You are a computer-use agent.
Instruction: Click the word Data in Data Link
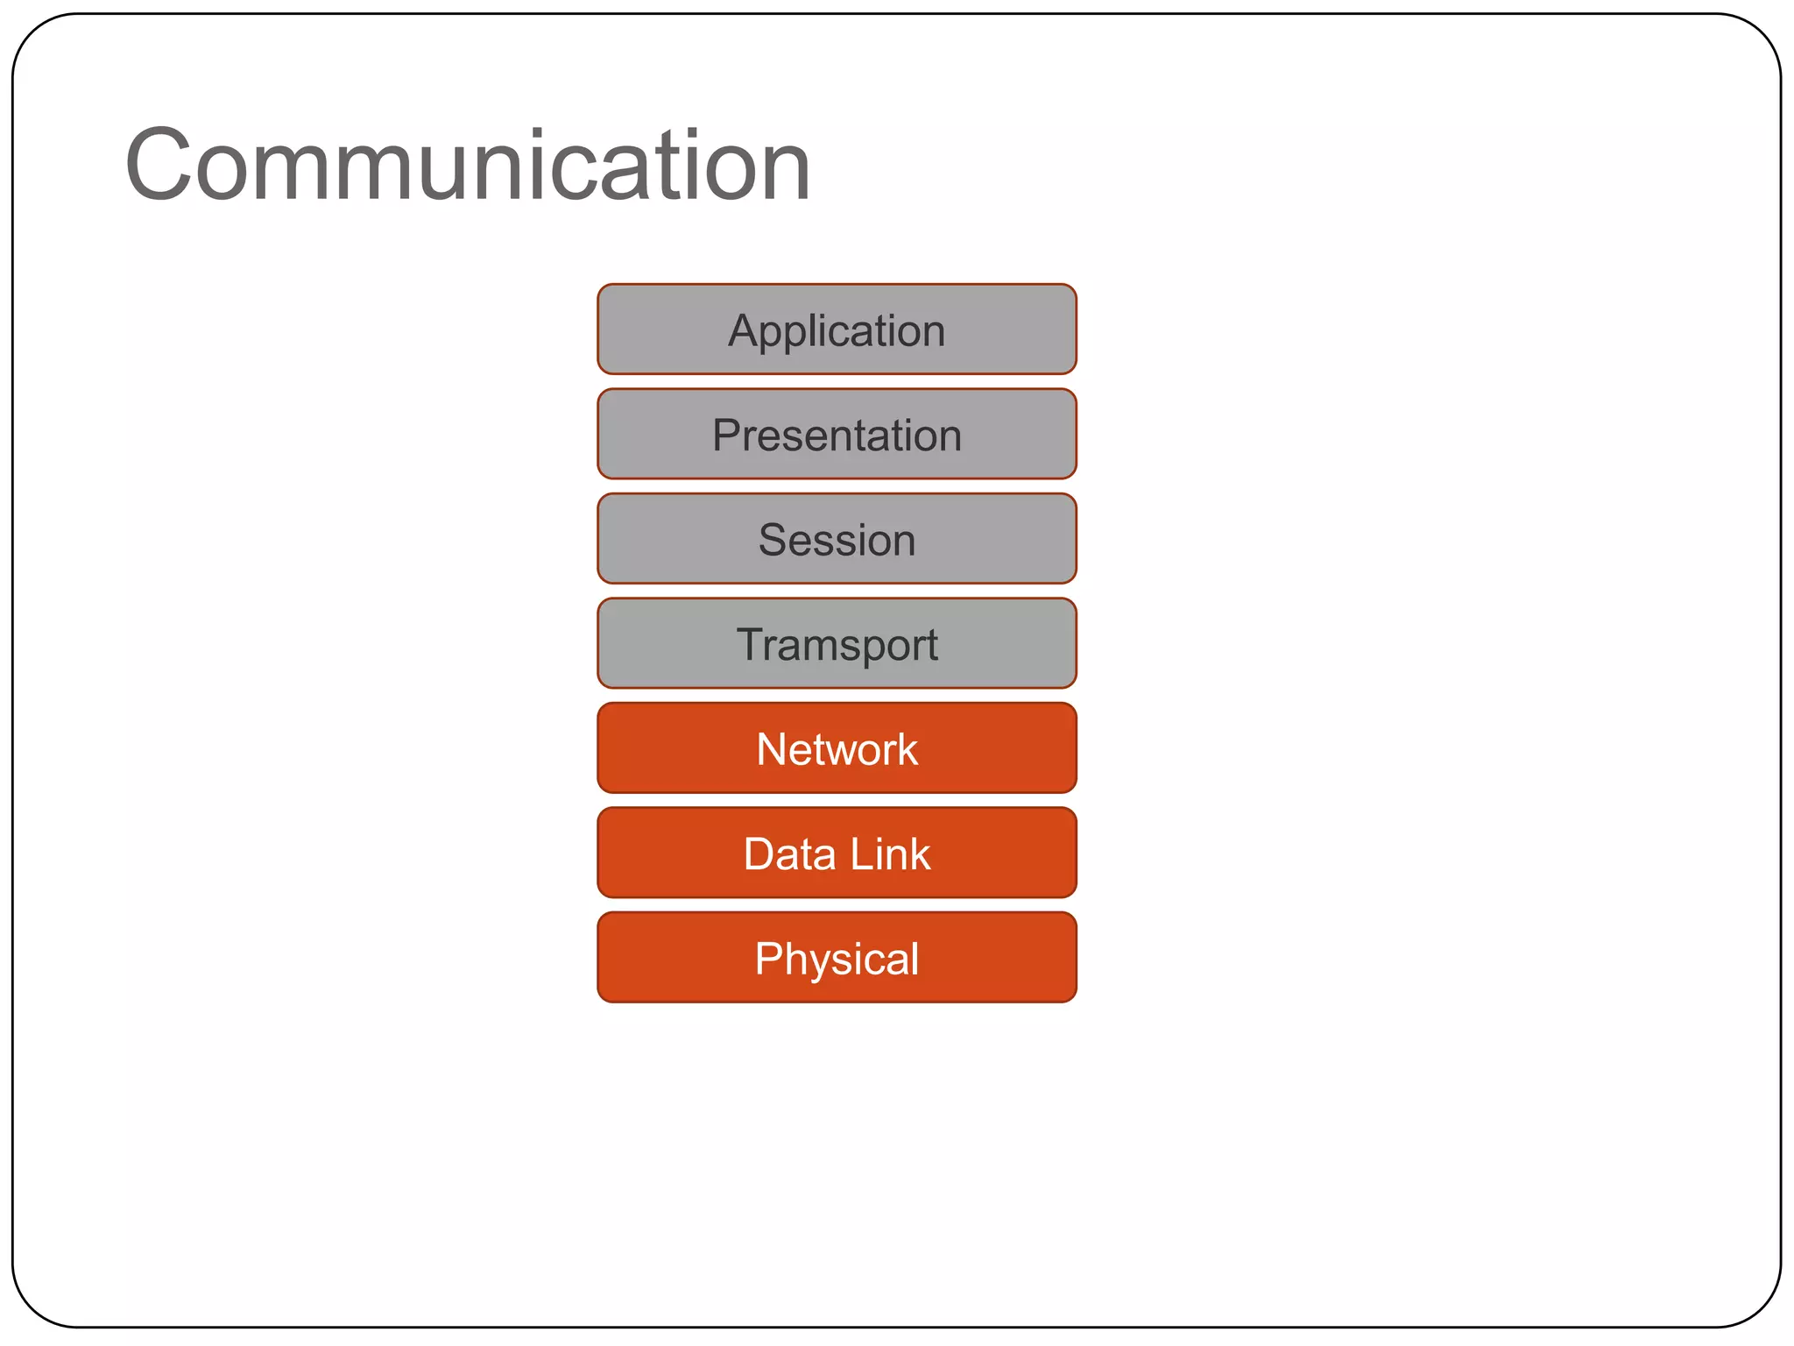click(x=789, y=854)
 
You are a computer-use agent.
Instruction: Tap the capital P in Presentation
click(x=726, y=436)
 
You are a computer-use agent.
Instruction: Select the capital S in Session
click(x=773, y=540)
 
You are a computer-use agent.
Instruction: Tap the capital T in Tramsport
click(x=752, y=644)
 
